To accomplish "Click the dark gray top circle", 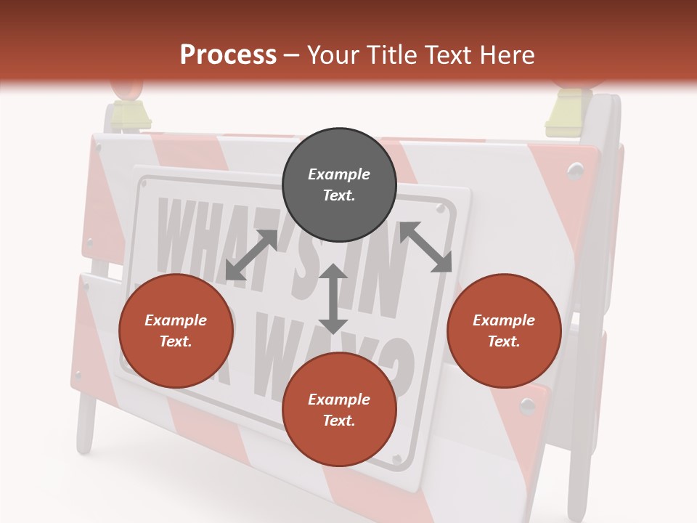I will tap(339, 185).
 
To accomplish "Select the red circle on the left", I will tap(176, 331).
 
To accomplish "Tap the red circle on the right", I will tap(504, 331).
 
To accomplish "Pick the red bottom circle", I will tap(339, 410).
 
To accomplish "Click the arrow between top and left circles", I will tap(251, 255).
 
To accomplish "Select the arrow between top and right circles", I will tap(426, 247).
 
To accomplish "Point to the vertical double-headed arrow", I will tap(333, 299).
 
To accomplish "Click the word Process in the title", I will tap(228, 54).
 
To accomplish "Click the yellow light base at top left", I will tap(129, 114).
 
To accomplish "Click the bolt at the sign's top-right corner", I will tap(440, 208).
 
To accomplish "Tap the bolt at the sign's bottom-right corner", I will tap(396, 460).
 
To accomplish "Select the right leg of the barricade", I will tap(577, 465).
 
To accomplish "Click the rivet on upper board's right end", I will tap(576, 171).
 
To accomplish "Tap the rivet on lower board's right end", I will tap(528, 405).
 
